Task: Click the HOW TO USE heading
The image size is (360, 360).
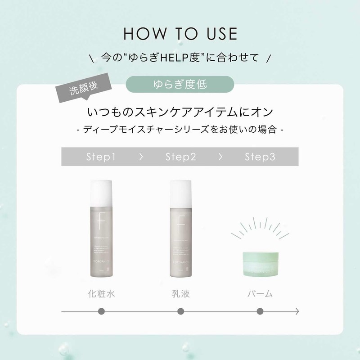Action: (180, 35)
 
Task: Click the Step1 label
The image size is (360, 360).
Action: (101, 157)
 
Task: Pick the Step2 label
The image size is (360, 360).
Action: (180, 157)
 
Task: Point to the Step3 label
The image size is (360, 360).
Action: (260, 157)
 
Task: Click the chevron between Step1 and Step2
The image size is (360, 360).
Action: (141, 157)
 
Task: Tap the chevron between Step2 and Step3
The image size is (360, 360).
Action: (220, 157)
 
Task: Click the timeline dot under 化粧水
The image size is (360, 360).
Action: (101, 311)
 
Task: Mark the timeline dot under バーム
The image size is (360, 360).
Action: (260, 311)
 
